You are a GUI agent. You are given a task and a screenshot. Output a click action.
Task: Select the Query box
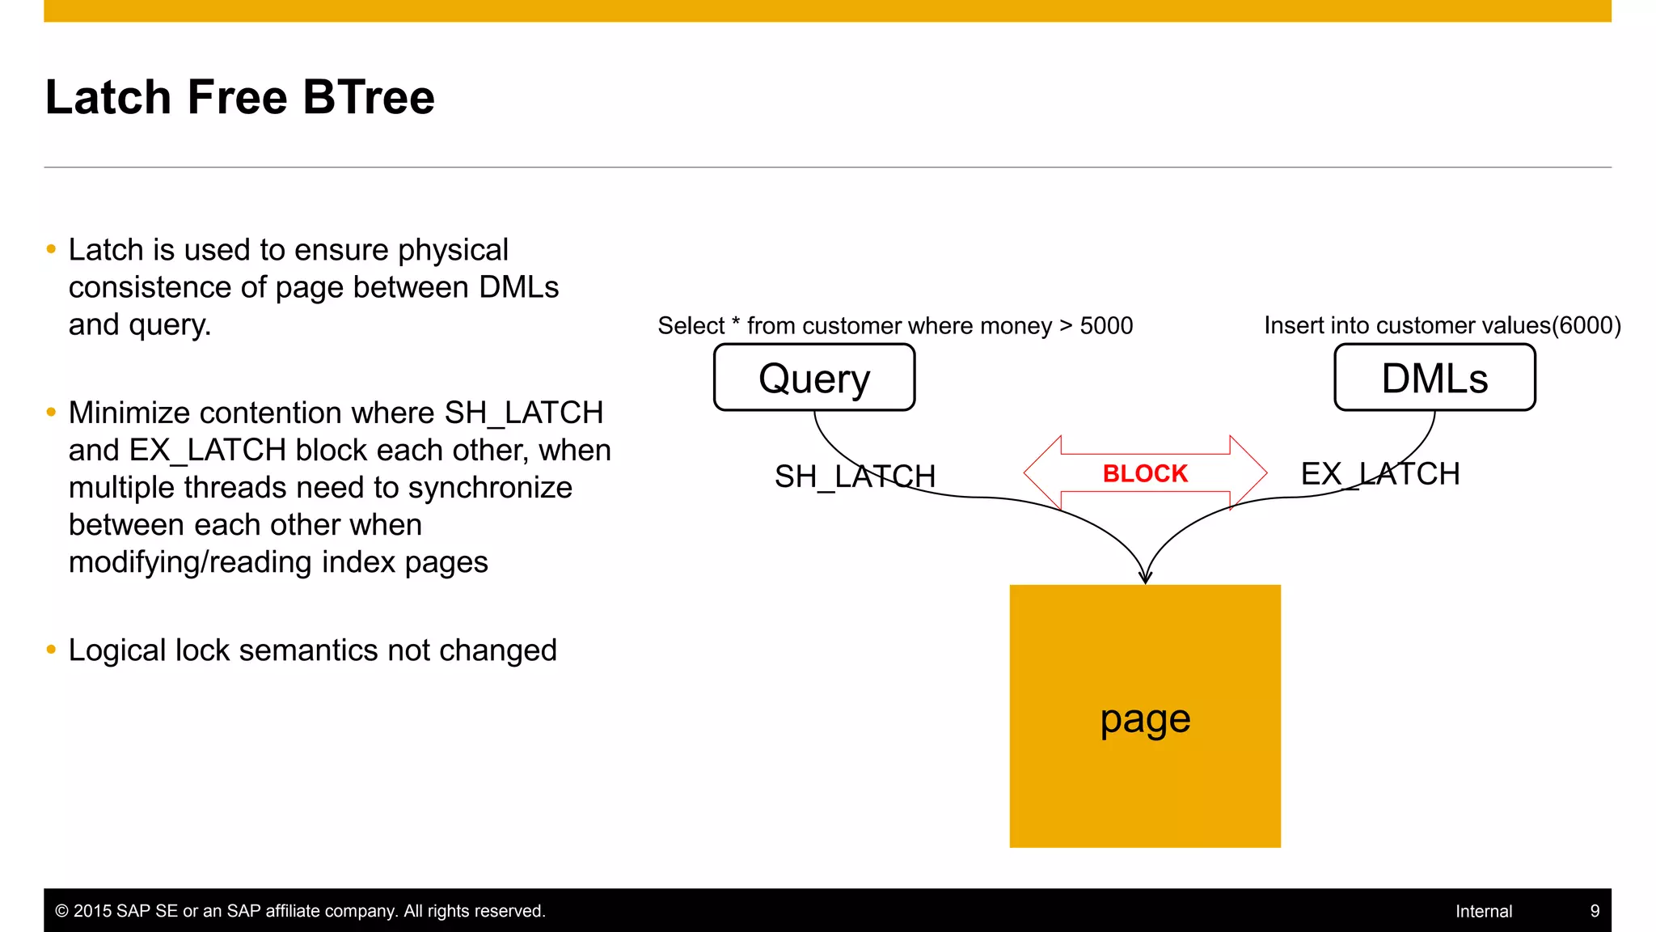point(814,378)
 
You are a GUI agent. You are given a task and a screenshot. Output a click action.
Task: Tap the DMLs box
point(1434,378)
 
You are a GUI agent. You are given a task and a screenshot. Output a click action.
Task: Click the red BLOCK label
point(1145,473)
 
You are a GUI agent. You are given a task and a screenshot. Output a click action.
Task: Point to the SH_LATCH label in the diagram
point(855,477)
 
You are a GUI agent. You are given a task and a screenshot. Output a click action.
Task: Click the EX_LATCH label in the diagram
point(1380,474)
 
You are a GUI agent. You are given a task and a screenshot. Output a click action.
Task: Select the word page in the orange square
point(1145,719)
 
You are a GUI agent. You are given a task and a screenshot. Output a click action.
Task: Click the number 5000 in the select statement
point(1106,326)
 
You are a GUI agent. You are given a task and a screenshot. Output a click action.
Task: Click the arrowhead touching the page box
point(1145,577)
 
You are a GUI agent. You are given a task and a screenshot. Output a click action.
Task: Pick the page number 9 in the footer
point(1595,911)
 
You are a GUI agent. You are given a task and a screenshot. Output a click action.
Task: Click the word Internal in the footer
point(1483,911)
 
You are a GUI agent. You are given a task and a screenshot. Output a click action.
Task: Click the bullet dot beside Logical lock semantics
point(52,650)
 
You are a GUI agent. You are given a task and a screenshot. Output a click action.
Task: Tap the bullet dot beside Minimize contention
point(52,413)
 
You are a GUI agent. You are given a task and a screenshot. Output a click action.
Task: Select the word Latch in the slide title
point(108,98)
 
